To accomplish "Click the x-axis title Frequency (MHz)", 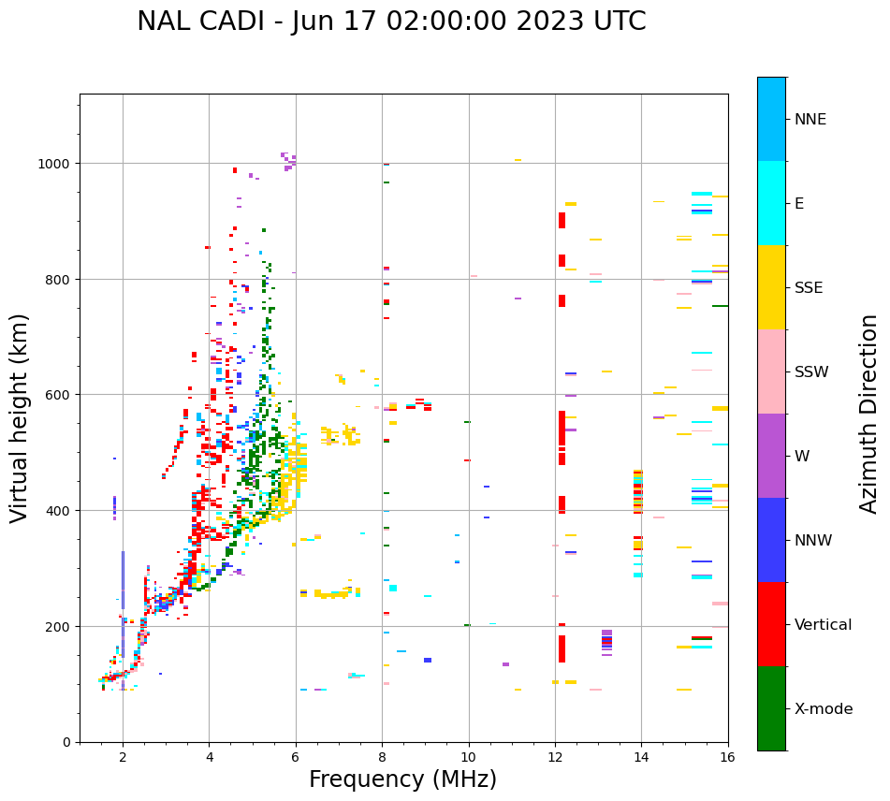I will click(402, 779).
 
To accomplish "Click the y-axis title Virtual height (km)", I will click(20, 417).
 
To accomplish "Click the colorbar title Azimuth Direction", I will click(869, 414).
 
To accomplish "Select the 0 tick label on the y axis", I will click(66, 742).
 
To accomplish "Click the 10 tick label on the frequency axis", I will click(468, 758).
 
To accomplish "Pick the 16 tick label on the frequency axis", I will click(727, 758).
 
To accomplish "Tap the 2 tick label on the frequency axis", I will click(123, 758).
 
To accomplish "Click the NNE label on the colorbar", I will click(810, 119).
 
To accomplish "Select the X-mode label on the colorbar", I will click(824, 708).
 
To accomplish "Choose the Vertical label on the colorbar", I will click(823, 624).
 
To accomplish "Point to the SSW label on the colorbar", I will click(811, 371).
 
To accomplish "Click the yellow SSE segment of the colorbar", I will click(771, 287).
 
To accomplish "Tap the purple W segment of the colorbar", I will click(771, 456).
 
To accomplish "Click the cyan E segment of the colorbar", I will click(771, 203).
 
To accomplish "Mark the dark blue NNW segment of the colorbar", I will click(771, 540).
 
